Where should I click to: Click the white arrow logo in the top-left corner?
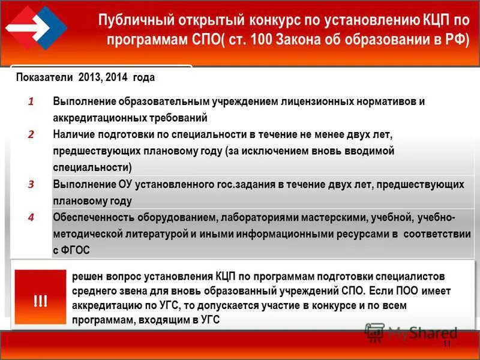(x=34, y=27)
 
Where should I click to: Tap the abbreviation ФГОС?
(x=76, y=250)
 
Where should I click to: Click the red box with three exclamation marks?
(x=40, y=298)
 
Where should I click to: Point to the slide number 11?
(x=446, y=344)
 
